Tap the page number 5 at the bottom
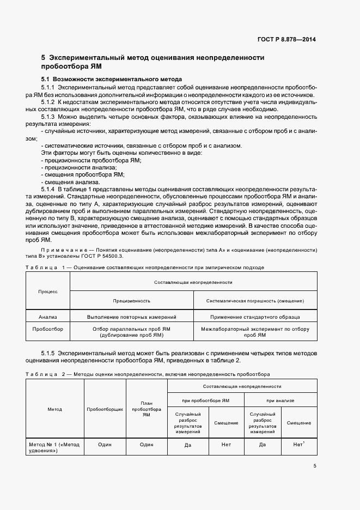point(315,466)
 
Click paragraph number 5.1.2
point(48,101)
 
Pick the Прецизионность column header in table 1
point(132,300)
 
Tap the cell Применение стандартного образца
point(255,316)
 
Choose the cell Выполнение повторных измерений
point(132,316)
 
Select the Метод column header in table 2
point(54,409)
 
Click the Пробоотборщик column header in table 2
point(105,409)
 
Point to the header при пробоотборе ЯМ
point(205,400)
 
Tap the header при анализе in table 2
point(280,400)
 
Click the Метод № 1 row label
point(54,448)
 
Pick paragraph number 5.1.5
point(48,353)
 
